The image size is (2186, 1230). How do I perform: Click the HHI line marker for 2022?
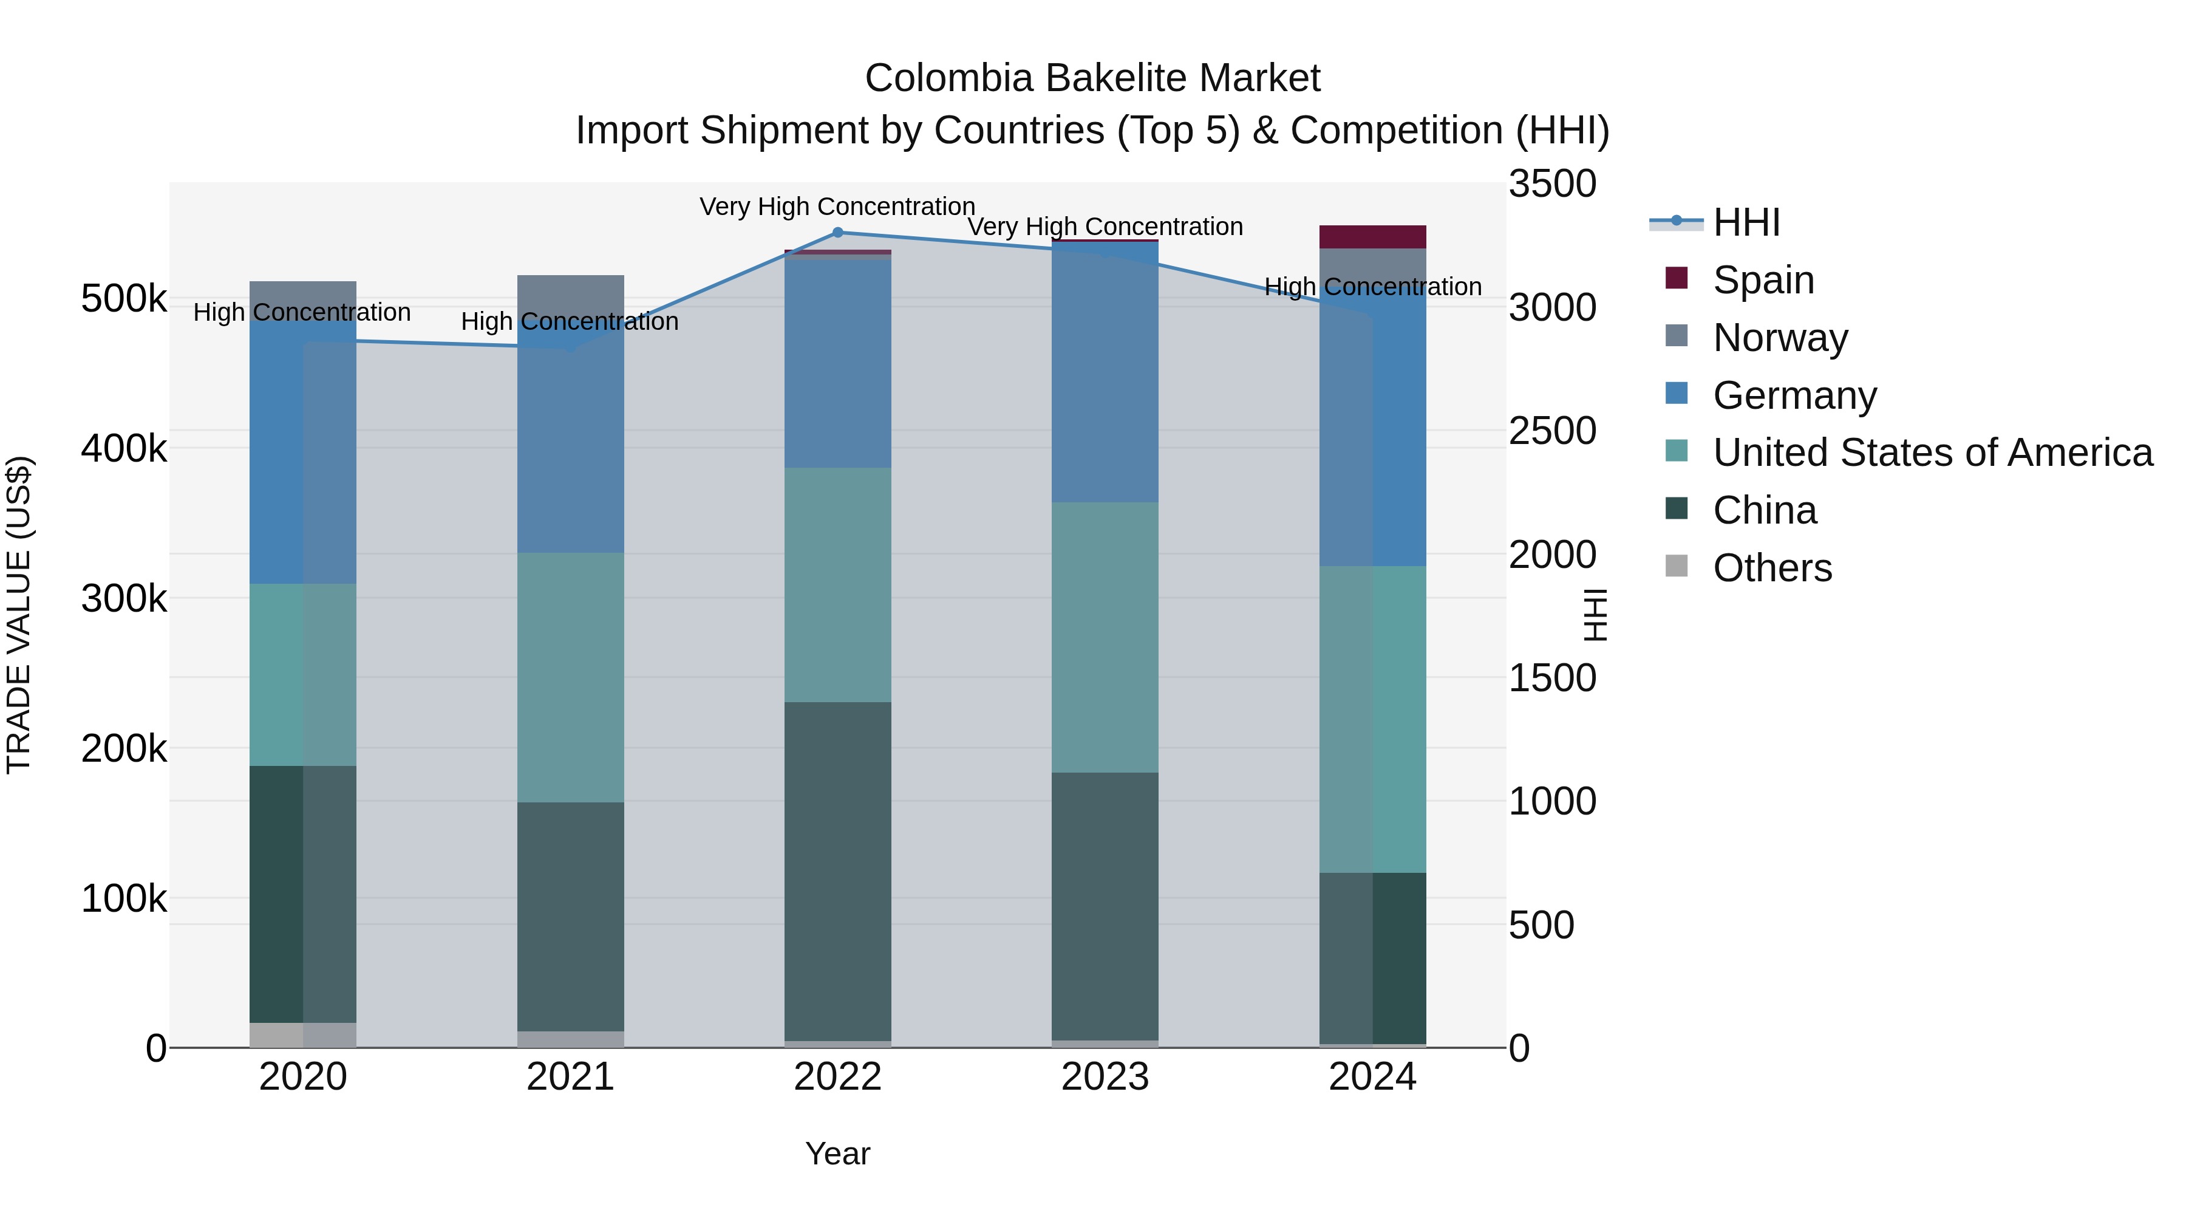pyautogui.click(x=837, y=233)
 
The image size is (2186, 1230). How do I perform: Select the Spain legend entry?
pyautogui.click(x=1763, y=280)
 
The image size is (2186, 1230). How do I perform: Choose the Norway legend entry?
pyautogui.click(x=1780, y=338)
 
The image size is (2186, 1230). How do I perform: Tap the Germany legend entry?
pyautogui.click(x=1794, y=395)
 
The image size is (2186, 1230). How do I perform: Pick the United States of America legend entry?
pyautogui.click(x=1932, y=453)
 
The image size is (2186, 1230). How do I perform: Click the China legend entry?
pyautogui.click(x=1764, y=510)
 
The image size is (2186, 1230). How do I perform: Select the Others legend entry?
pyautogui.click(x=1772, y=568)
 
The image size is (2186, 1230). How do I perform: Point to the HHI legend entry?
pyautogui.click(x=1746, y=222)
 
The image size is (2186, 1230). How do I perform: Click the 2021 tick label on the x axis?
pyautogui.click(x=570, y=1077)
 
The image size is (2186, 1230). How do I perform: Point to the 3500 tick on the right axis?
pyautogui.click(x=1552, y=184)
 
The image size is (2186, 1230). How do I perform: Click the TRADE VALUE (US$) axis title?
pyautogui.click(x=19, y=615)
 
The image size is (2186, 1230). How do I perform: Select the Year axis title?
pyautogui.click(x=837, y=1153)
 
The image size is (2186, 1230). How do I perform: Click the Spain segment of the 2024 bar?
pyautogui.click(x=1372, y=237)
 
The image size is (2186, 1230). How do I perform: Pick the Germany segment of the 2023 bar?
pyautogui.click(x=1105, y=374)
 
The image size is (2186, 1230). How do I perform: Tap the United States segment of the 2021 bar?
pyautogui.click(x=570, y=677)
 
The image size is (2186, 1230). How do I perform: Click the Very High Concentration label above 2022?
pyautogui.click(x=837, y=207)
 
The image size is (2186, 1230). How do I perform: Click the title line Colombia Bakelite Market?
pyautogui.click(x=1092, y=79)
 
